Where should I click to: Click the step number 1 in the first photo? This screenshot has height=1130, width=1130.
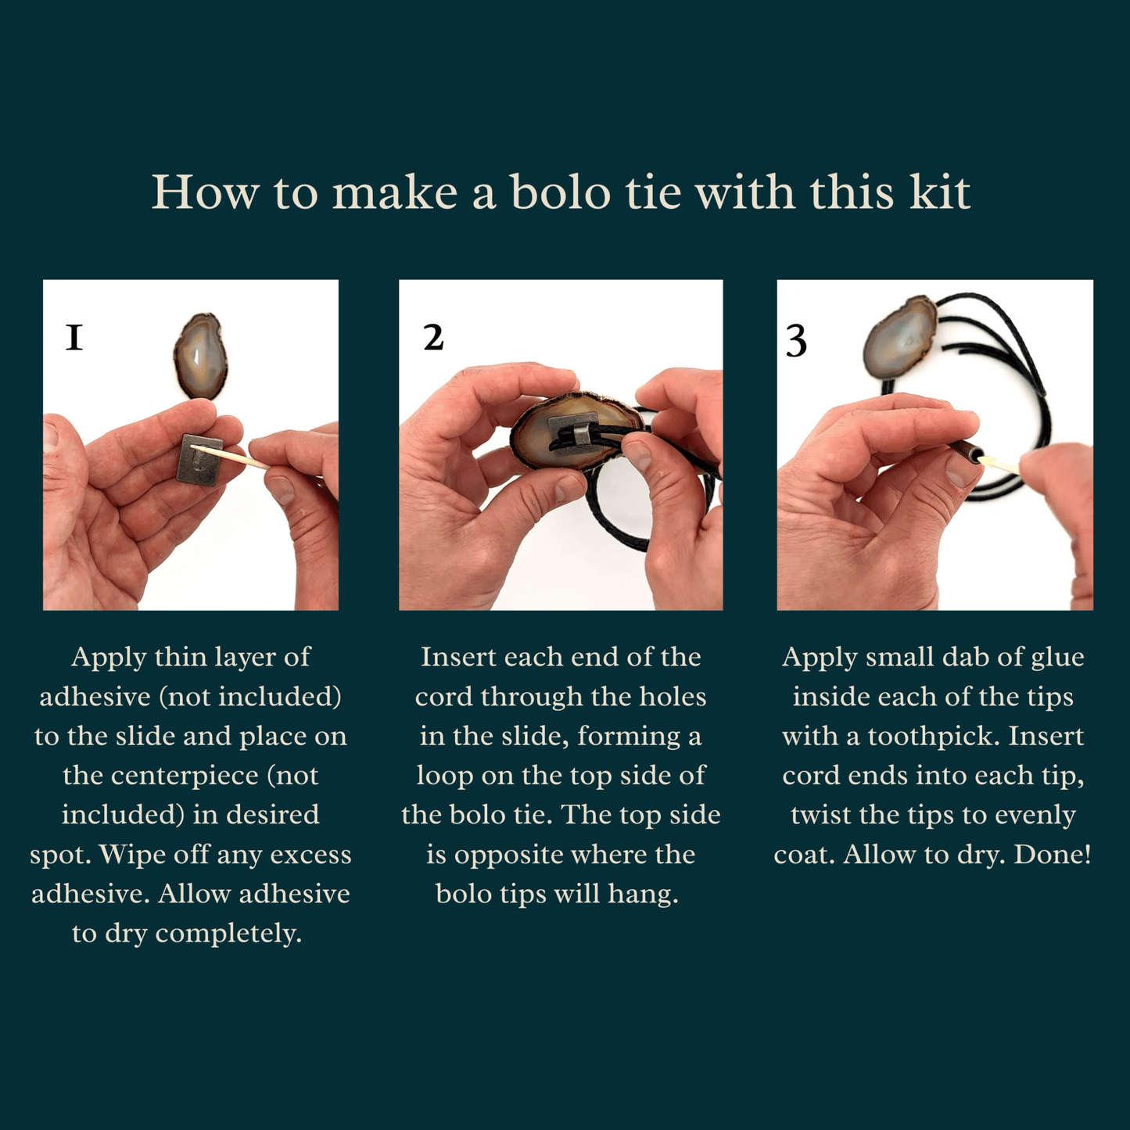[74, 338]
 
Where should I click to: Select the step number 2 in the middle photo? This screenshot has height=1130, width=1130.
[433, 338]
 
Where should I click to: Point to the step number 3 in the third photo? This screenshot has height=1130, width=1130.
[796, 341]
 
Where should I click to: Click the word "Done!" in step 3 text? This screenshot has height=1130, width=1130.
[1053, 854]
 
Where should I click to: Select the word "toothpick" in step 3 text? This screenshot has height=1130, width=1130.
[933, 736]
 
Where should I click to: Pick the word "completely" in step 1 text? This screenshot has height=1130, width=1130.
[228, 934]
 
